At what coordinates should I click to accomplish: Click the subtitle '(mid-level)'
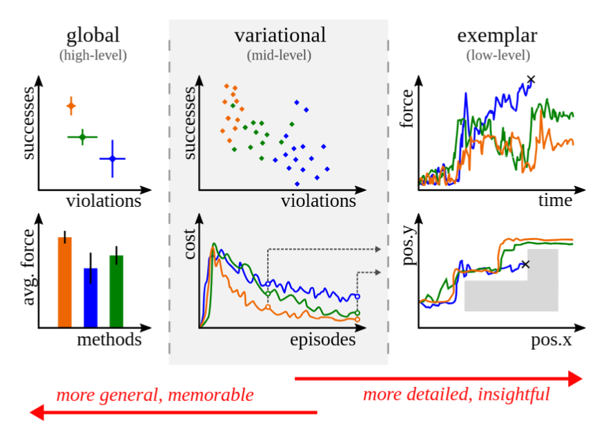click(280, 54)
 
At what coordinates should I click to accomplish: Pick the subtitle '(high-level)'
click(93, 54)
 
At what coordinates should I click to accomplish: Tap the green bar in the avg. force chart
click(116, 291)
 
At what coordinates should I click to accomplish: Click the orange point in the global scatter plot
click(70, 106)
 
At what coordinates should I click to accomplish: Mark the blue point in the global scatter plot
click(112, 159)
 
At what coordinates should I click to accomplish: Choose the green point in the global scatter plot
click(82, 138)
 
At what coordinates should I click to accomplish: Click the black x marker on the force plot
click(531, 80)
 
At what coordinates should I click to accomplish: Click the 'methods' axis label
click(109, 340)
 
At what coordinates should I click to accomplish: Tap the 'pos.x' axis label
click(552, 340)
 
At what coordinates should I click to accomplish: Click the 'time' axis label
click(556, 201)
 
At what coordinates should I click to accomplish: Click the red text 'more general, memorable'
click(155, 396)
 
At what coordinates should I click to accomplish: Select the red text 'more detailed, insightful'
click(456, 395)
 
